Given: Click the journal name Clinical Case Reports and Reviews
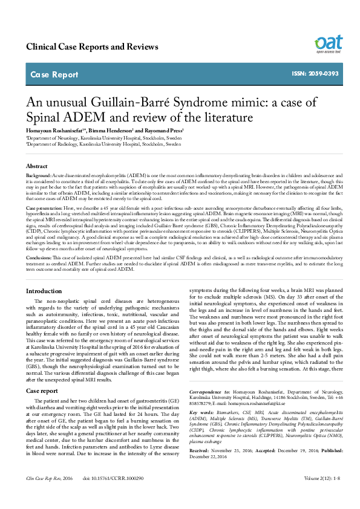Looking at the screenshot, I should (x=97, y=47).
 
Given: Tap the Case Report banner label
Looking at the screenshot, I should (x=54, y=75).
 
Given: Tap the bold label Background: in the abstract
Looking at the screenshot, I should (x=39, y=174).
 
